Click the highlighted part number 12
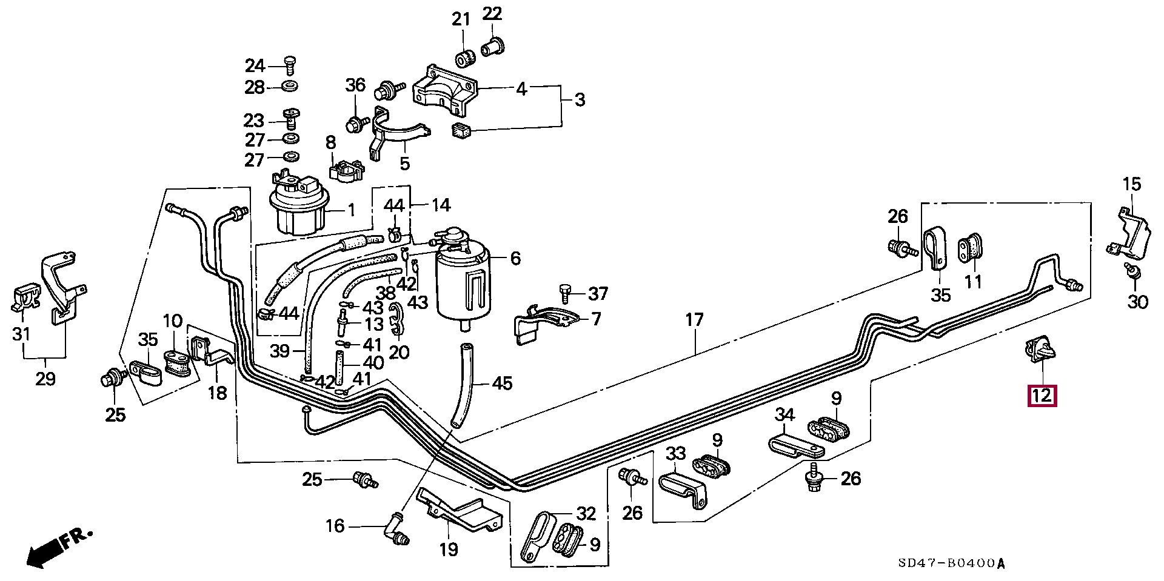click(1042, 396)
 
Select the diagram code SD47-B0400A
click(951, 563)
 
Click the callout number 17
click(694, 319)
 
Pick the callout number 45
click(502, 383)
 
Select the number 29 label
click(45, 379)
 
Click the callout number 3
click(580, 99)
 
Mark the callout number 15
click(1131, 184)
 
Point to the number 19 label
click(449, 549)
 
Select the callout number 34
click(785, 415)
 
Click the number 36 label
click(356, 85)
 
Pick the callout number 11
click(973, 282)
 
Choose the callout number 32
click(586, 514)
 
